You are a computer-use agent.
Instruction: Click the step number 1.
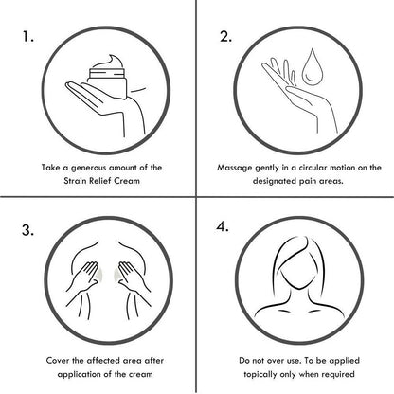(x=27, y=37)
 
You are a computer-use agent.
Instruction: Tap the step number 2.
(x=225, y=37)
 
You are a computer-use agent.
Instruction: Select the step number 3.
(x=27, y=230)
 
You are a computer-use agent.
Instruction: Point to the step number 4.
(x=223, y=226)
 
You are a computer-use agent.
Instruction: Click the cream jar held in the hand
(x=108, y=83)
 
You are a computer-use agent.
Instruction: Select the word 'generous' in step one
(x=88, y=168)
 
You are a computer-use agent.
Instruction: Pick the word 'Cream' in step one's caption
(x=127, y=181)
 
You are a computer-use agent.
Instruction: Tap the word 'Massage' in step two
(x=234, y=168)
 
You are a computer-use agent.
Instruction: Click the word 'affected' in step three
(x=104, y=361)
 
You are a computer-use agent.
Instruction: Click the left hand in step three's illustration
(x=84, y=277)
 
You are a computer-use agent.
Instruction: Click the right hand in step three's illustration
(x=133, y=277)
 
